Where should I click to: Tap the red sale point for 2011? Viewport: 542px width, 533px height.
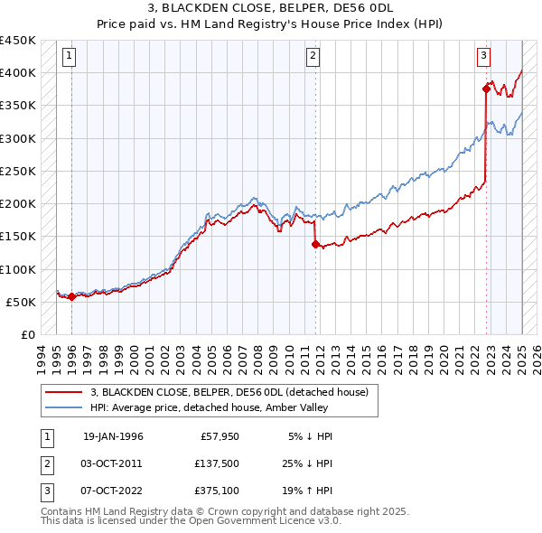tap(315, 244)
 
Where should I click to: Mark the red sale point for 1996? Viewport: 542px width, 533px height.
tap(71, 296)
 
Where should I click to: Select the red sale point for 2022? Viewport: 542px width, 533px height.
tap(486, 89)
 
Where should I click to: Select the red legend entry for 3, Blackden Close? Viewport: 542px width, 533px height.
tap(229, 393)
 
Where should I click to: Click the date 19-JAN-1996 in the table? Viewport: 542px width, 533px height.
tap(113, 436)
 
